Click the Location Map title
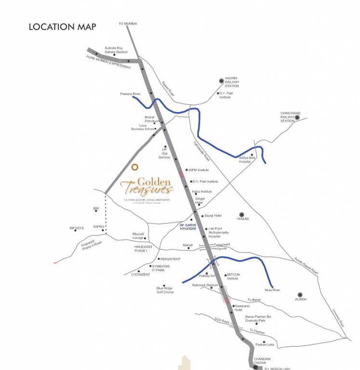click(62, 27)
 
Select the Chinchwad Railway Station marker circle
click(297, 117)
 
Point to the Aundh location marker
click(300, 294)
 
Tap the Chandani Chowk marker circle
click(255, 368)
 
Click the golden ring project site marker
click(135, 167)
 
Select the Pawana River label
click(130, 94)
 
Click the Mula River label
click(272, 290)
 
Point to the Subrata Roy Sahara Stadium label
click(116, 50)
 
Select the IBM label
click(95, 209)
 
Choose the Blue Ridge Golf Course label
click(165, 290)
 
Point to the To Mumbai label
click(128, 23)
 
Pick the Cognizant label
click(141, 274)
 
